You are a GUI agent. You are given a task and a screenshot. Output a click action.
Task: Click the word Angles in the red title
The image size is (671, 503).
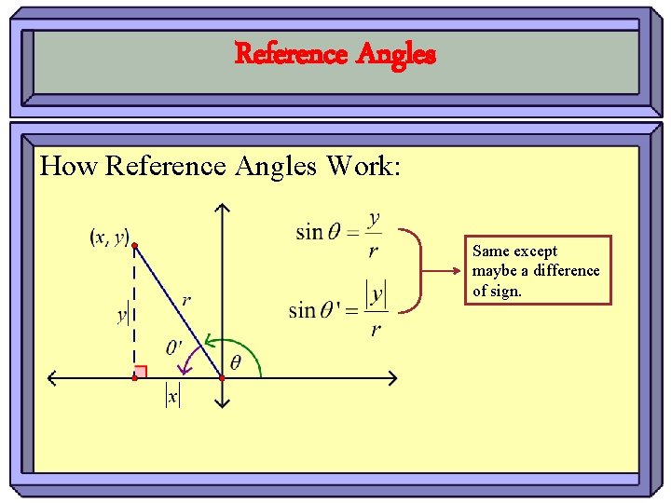pyautogui.click(x=395, y=54)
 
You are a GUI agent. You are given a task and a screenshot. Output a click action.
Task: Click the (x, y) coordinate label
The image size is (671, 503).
pyautogui.click(x=110, y=238)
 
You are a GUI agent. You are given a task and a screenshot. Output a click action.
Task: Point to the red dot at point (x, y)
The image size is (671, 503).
pyautogui.click(x=134, y=246)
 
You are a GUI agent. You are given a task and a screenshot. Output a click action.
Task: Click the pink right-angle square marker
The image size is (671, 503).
pyautogui.click(x=141, y=372)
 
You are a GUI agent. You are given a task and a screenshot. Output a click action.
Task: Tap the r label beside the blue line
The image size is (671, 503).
pyautogui.click(x=187, y=300)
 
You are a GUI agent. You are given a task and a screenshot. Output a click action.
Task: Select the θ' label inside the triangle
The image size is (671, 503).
pyautogui.click(x=174, y=347)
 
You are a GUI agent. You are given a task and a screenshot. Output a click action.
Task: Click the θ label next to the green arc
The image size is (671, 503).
pyautogui.click(x=235, y=362)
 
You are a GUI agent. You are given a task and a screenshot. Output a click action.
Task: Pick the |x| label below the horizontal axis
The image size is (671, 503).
pyautogui.click(x=171, y=396)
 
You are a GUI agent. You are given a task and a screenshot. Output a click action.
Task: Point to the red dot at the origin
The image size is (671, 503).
pyautogui.click(x=222, y=378)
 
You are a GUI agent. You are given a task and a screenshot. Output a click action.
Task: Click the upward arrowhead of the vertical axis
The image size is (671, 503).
pyautogui.click(x=222, y=209)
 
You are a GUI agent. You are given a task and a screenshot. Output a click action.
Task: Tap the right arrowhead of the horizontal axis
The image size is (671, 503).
pyautogui.click(x=392, y=378)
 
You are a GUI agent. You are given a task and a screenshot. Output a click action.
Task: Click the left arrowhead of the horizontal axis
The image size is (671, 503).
pyautogui.click(x=52, y=378)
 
